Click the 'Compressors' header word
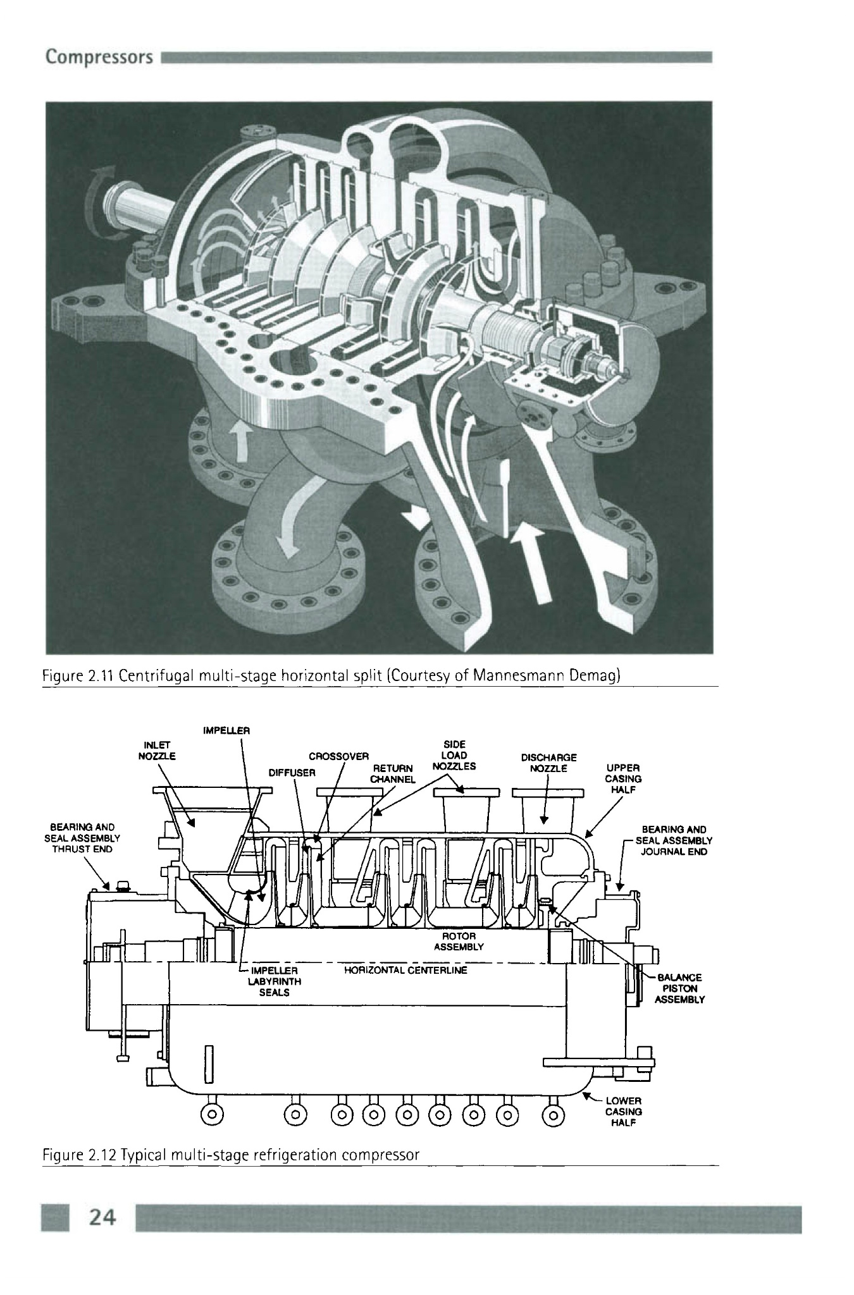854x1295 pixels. [x=99, y=58]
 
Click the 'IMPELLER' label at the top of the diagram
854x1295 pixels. [x=227, y=730]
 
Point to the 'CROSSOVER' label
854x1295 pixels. [x=338, y=756]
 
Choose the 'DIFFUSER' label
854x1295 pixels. [x=292, y=773]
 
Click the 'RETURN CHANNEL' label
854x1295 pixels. [x=392, y=773]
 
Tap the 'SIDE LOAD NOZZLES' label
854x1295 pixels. [x=454, y=756]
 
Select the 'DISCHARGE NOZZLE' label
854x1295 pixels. [x=548, y=763]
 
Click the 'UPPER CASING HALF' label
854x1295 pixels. [x=623, y=779]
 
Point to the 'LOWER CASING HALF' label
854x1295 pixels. [x=623, y=1112]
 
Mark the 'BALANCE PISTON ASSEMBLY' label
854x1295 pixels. [x=679, y=988]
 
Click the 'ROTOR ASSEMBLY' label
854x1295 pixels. [x=459, y=941]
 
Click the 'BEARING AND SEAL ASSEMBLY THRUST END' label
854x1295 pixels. [x=82, y=838]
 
